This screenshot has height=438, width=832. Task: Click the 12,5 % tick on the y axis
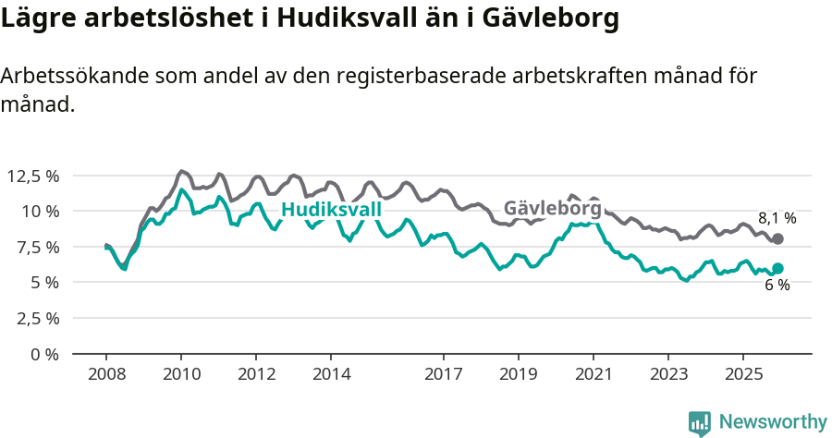pos(32,176)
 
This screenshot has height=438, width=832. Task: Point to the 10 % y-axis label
pos(40,211)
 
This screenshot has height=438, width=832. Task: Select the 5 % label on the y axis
pos(44,282)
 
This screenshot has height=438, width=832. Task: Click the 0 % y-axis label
pos(44,353)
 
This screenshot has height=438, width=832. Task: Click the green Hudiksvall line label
pos(331,211)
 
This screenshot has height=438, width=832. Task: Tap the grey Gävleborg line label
pos(552,209)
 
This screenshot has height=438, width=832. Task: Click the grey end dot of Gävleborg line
pos(777,238)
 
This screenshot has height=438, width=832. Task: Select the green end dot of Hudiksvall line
pos(777,269)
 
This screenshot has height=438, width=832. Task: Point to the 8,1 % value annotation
pos(777,219)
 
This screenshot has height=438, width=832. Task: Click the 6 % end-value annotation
pos(777,286)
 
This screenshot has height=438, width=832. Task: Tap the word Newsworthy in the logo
pos(773,422)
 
